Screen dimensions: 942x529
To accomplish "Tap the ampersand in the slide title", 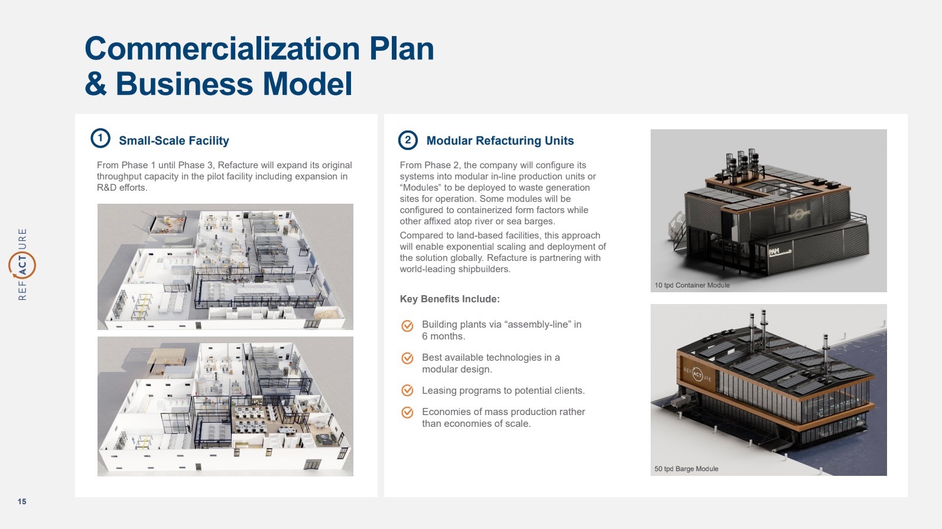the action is (96, 84).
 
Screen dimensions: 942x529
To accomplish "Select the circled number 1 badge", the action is (100, 139).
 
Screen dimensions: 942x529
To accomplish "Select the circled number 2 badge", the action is (408, 140).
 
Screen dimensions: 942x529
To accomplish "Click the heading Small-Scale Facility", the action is (174, 141).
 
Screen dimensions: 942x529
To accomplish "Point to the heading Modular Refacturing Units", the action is (500, 141).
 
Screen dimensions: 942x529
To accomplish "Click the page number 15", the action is (22, 501).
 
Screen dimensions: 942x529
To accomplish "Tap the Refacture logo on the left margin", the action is (22, 264).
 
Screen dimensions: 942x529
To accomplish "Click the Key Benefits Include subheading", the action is (450, 299).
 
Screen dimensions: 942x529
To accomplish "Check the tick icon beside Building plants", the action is (407, 325).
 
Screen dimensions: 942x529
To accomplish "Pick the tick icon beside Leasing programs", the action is (407, 390).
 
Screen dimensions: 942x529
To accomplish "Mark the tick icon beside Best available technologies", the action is (407, 358).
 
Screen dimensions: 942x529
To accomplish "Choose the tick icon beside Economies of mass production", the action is (407, 412).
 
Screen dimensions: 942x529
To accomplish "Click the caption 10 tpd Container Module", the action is (692, 285).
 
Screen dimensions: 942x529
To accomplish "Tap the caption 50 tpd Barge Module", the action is (686, 469).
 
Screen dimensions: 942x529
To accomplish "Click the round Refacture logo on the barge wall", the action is (697, 374).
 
